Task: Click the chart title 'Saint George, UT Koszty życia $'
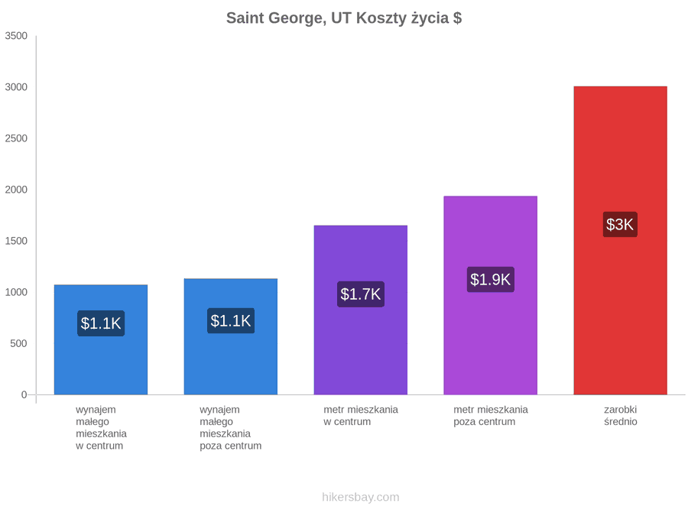point(344,18)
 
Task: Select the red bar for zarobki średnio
point(621,241)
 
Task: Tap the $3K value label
point(620,225)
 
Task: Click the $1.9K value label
point(491,280)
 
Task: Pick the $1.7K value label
point(361,294)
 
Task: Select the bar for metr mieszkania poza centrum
point(491,295)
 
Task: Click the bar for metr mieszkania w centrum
point(361,310)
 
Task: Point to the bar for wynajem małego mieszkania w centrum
point(101,339)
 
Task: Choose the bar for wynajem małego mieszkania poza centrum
point(231,336)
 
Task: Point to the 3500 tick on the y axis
point(16,36)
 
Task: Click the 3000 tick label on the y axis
point(16,87)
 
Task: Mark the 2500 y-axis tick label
point(16,138)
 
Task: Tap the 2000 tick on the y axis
point(16,190)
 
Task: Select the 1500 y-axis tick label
point(16,241)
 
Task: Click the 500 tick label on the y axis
point(19,343)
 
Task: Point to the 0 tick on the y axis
point(24,395)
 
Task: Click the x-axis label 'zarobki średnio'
point(621,416)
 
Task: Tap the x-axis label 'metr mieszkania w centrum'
point(361,416)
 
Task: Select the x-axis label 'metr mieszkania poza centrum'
point(491,416)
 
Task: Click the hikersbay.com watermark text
point(361,497)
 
